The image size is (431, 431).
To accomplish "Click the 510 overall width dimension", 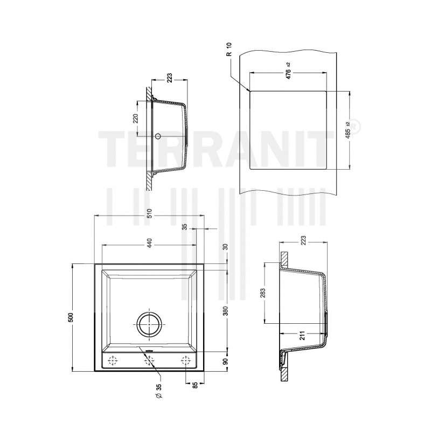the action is coord(149,213).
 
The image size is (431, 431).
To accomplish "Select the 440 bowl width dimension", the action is coord(149,242).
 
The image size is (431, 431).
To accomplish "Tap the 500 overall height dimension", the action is coord(71,317).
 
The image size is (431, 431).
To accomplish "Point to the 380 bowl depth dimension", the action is coord(225,311).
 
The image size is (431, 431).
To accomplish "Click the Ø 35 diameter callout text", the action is coord(159,391).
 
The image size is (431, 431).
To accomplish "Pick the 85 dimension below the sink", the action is coord(195,385).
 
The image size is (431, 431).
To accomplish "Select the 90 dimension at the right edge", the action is coord(225,361).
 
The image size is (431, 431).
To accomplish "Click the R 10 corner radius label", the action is coord(229,50).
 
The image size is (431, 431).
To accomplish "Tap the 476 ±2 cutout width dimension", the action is coord(288,71).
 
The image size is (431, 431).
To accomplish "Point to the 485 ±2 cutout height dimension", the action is coord(348,130).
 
